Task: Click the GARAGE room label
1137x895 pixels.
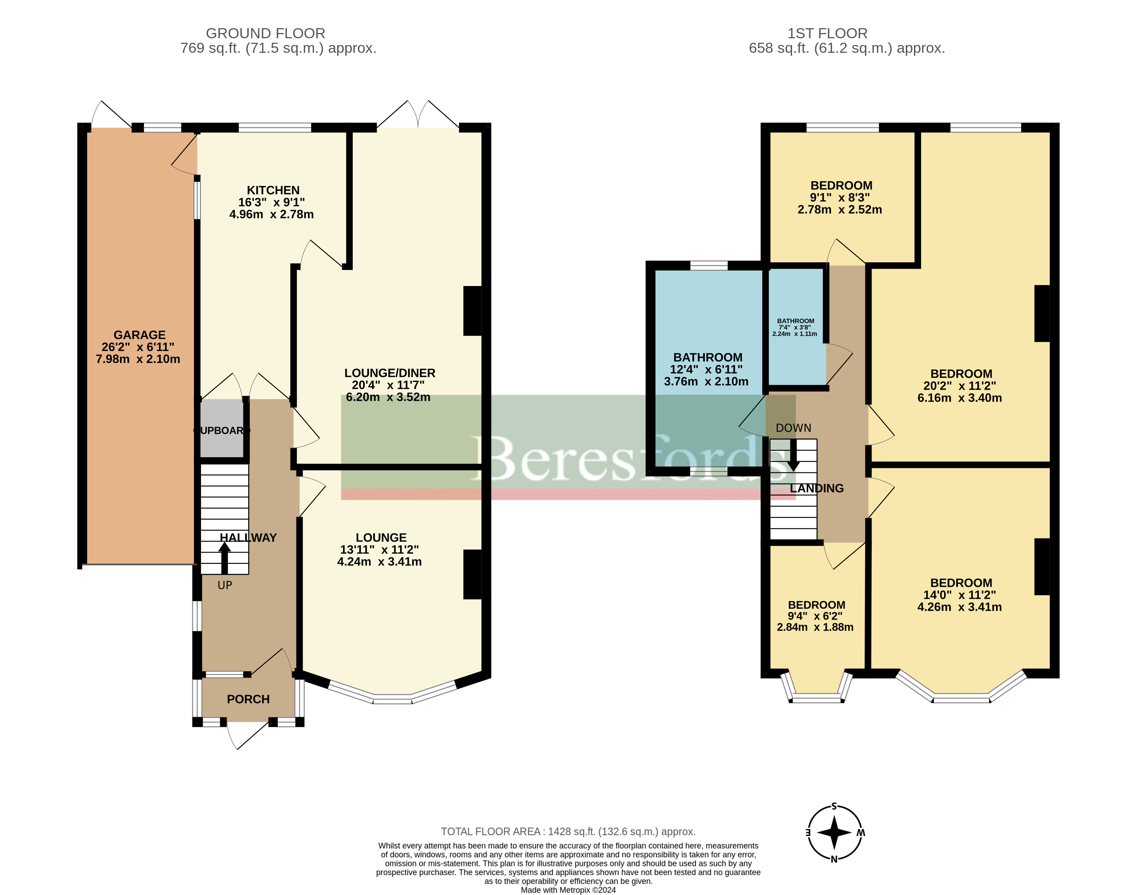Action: pos(139,335)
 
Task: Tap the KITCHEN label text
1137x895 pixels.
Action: pos(273,190)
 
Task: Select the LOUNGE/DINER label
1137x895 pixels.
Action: pos(389,373)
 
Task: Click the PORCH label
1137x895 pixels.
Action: pos(248,699)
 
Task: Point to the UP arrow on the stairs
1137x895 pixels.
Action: pos(224,558)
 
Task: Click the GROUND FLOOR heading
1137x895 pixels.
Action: pos(266,33)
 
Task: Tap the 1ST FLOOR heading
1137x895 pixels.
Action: pos(828,33)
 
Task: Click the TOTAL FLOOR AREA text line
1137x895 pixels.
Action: pos(568,831)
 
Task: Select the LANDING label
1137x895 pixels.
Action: pos(817,488)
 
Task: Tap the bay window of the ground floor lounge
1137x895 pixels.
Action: pos(392,692)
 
